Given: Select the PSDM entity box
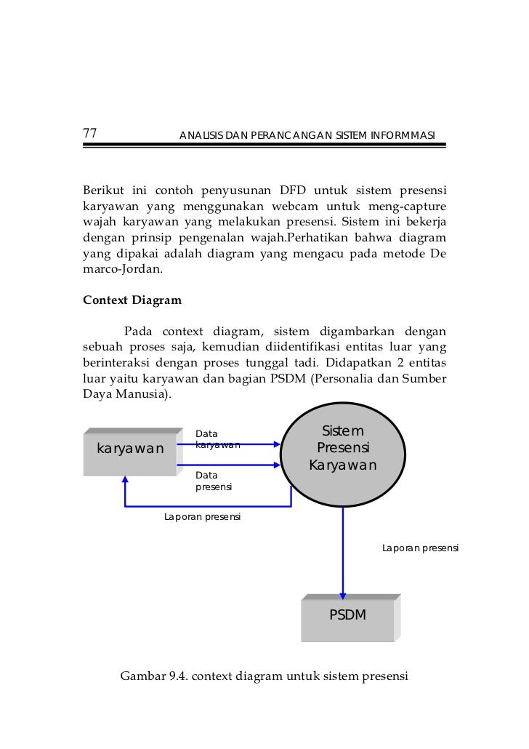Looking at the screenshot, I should [348, 617].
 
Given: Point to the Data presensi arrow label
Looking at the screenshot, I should [214, 481].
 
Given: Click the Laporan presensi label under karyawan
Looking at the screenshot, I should [203, 518].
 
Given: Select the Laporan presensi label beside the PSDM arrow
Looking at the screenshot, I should [420, 548].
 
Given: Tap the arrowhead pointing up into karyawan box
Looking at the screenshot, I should [125, 481].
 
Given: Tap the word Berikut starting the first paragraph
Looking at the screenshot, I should [103, 191].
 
